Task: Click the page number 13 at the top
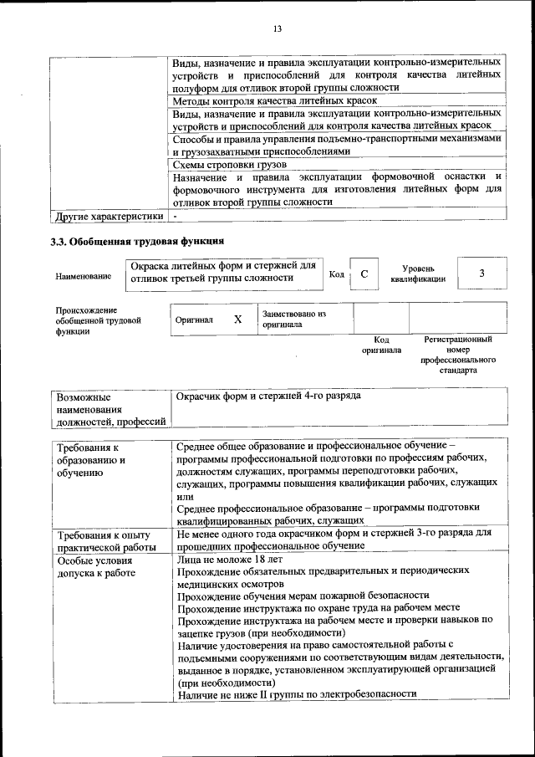tap(278, 29)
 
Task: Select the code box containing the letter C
tap(364, 274)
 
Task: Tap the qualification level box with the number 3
tap(481, 274)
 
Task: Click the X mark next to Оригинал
tap(237, 320)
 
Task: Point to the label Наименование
tap(84, 276)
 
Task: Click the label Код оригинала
tap(381, 345)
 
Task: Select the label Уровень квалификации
tap(417, 274)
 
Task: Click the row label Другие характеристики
tap(109, 216)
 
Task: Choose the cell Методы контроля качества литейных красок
tap(274, 100)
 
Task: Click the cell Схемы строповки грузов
tap(229, 165)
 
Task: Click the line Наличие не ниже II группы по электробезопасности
tap(296, 693)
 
